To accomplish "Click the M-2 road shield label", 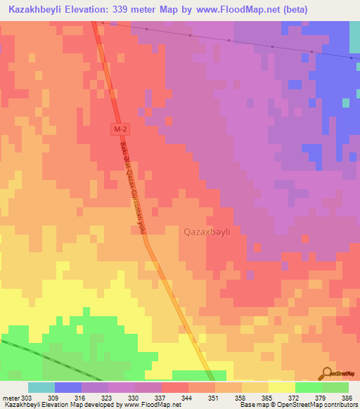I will (x=121, y=130).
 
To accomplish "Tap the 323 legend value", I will (x=105, y=397).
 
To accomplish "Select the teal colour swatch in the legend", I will (x=41, y=387).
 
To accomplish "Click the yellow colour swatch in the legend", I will (x=281, y=387).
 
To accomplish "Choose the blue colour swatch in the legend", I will (x=67, y=387).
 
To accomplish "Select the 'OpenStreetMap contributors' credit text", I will (x=316, y=404).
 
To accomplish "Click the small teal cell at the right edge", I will (x=345, y=103).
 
